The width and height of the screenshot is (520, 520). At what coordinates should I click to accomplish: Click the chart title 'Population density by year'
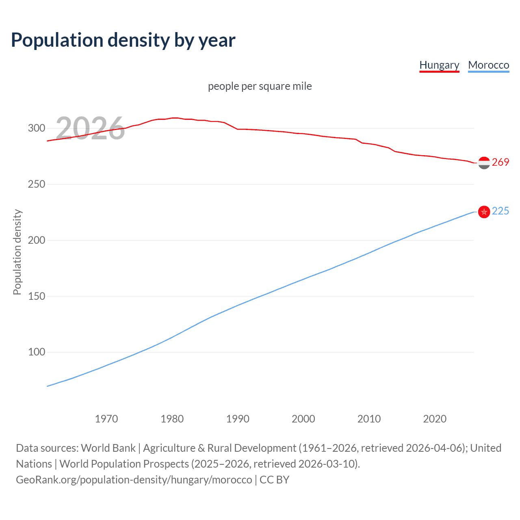[123, 40]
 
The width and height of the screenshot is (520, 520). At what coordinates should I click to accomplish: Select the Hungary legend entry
[439, 65]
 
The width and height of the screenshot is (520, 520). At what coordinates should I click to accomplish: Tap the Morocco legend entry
[488, 65]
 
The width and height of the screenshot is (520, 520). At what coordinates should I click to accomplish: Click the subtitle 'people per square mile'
[260, 87]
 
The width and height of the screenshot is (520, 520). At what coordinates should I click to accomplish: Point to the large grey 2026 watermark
[90, 128]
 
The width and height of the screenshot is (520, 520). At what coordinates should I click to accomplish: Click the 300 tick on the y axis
[37, 128]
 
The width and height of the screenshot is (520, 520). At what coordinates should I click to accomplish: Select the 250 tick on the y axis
[37, 184]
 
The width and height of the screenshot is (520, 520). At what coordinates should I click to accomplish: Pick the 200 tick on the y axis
[37, 240]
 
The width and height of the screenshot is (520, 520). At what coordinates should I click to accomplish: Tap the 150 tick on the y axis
[37, 297]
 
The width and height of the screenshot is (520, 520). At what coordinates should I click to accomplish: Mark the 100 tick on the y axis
[37, 352]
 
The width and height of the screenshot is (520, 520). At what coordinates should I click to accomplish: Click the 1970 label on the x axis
[106, 419]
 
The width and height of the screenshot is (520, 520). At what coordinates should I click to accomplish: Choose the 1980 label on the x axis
[172, 419]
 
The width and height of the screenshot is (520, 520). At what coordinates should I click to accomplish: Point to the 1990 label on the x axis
[238, 419]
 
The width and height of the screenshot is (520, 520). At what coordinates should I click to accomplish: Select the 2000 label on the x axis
[303, 419]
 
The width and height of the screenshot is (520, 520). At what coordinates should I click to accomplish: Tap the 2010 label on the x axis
[369, 419]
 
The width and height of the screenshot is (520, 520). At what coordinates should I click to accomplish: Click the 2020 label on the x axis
[435, 419]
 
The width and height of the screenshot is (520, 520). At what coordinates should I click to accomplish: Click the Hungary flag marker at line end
[484, 163]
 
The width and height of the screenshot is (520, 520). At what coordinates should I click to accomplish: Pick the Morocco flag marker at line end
[484, 212]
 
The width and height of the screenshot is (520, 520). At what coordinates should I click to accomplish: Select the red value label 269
[500, 162]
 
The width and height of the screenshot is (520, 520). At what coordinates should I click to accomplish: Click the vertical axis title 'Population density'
[17, 252]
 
